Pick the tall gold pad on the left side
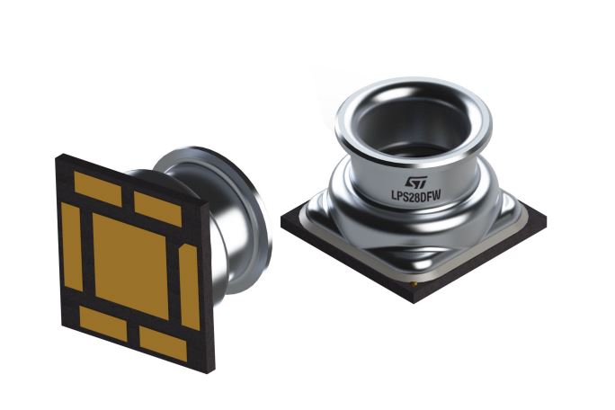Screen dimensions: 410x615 [72, 246]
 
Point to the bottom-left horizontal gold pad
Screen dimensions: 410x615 [102, 323]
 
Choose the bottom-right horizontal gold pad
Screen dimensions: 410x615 [163, 343]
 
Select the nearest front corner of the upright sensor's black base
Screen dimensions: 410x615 [416, 298]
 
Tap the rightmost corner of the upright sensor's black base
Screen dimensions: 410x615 [545, 218]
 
